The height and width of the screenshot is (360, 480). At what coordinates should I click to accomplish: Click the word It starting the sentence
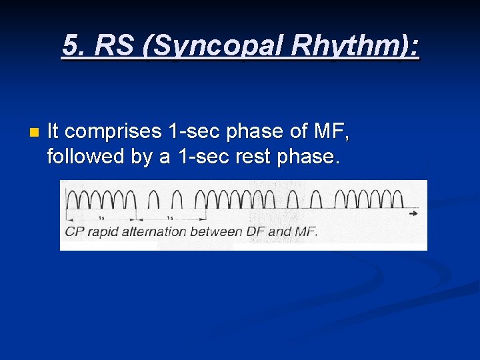click(54, 131)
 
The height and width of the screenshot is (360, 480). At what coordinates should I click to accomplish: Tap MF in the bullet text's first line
click(330, 131)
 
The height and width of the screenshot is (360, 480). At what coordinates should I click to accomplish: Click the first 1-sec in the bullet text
click(194, 131)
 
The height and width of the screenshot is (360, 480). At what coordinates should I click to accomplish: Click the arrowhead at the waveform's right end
click(414, 213)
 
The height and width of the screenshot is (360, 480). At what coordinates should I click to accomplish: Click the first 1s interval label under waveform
click(101, 218)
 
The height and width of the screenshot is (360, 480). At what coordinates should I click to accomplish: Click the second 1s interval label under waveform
click(170, 218)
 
